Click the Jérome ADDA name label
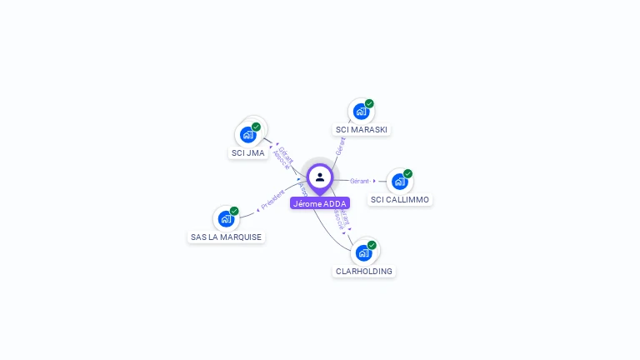[x=320, y=203]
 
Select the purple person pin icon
[x=320, y=177]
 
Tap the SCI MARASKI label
[x=362, y=130]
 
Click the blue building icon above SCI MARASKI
[x=361, y=112]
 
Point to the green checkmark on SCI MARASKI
[x=369, y=104]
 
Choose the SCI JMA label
[x=248, y=153]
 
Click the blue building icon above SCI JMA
[x=247, y=134]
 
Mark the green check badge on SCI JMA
[x=256, y=127]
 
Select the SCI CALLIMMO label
[x=400, y=200]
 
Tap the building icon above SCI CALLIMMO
[x=400, y=181]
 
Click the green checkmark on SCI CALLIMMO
[x=407, y=173]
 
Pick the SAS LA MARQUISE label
[x=226, y=237]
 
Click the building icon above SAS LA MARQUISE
[x=226, y=218]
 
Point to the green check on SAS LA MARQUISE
[x=234, y=211]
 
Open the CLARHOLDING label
[x=364, y=272]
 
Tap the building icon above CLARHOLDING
[x=363, y=252]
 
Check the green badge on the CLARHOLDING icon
[x=372, y=245]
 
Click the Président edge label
[x=272, y=198]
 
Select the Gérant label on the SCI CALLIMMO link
[x=359, y=181]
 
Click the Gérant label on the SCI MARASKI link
[x=340, y=147]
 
